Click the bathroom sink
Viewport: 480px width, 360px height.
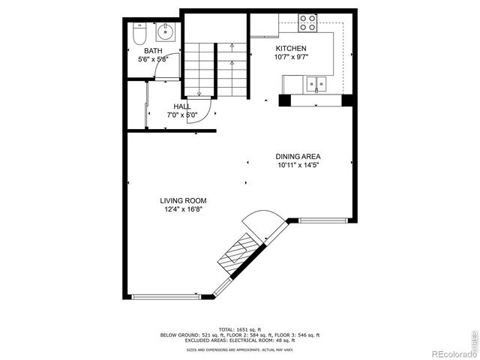coord(165,32)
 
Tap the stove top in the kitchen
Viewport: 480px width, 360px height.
coord(307,23)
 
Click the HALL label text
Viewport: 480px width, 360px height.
coord(181,106)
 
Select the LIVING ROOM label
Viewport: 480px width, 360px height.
coord(183,200)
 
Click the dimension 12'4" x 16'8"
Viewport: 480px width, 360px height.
coord(183,209)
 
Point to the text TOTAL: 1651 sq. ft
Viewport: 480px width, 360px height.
coord(240,329)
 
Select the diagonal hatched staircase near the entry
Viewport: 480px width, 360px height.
coord(238,250)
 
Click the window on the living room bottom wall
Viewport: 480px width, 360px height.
coord(166,297)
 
